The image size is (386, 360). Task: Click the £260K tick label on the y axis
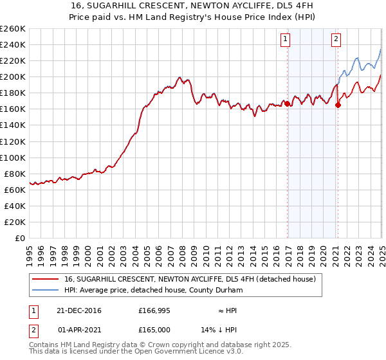pyautogui.click(x=13, y=29)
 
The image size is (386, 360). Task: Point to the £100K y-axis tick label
pyautogui.click(x=13, y=157)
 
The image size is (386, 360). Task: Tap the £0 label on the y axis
pyautogui.click(x=21, y=238)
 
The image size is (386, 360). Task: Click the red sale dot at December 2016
pyautogui.click(x=286, y=103)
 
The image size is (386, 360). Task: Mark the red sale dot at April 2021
pyautogui.click(x=338, y=105)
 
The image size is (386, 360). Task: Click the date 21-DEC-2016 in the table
pyautogui.click(x=79, y=310)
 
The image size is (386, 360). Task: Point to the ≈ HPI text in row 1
pyautogui.click(x=228, y=310)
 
